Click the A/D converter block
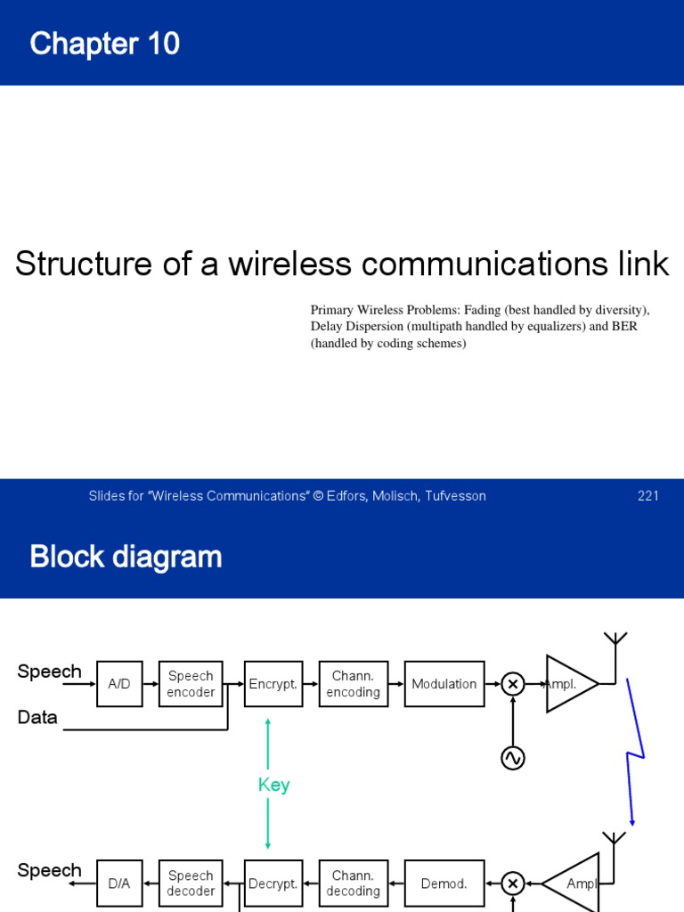pyautogui.click(x=118, y=684)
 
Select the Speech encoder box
pyautogui.click(x=191, y=684)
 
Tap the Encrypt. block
pyautogui.click(x=273, y=684)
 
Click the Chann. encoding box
pyautogui.click(x=354, y=684)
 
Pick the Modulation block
pyautogui.click(x=444, y=684)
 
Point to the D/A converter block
pyautogui.click(x=118, y=883)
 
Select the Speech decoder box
pyautogui.click(x=191, y=883)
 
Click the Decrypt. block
pyautogui.click(x=273, y=883)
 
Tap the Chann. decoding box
pyautogui.click(x=354, y=883)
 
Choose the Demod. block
pyautogui.click(x=444, y=883)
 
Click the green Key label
pyautogui.click(x=273, y=785)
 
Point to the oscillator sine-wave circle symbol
pyautogui.click(x=513, y=758)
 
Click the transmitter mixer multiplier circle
pyautogui.click(x=513, y=684)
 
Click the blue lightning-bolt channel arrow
pyautogui.click(x=634, y=753)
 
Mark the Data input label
pyautogui.click(x=37, y=717)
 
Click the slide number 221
pyautogui.click(x=647, y=496)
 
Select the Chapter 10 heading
pyautogui.click(x=105, y=43)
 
